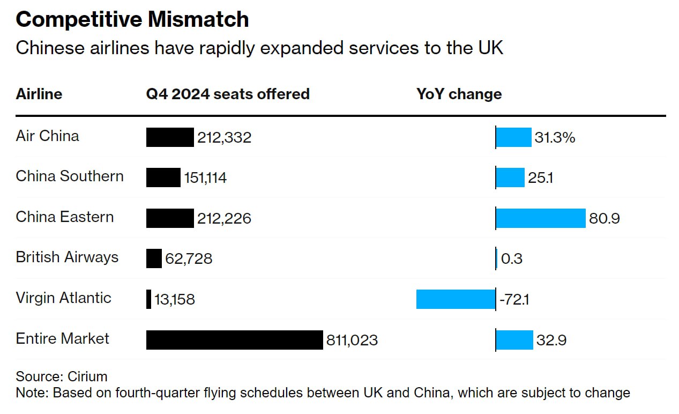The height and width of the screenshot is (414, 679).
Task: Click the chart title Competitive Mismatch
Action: tap(132, 20)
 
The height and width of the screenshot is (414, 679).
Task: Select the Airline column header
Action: tap(39, 94)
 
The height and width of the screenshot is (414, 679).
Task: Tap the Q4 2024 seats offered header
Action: tap(228, 94)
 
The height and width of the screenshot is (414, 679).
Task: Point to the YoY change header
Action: tap(459, 94)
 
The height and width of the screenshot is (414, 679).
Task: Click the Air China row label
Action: tap(47, 136)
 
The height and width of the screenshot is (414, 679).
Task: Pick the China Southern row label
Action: tap(70, 176)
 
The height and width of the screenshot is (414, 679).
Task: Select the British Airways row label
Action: tap(67, 257)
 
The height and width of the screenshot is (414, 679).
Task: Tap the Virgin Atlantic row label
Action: tap(63, 298)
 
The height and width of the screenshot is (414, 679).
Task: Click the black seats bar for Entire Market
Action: tap(234, 340)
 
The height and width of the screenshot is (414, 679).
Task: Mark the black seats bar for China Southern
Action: tap(163, 178)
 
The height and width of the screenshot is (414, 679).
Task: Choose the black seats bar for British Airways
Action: tap(154, 258)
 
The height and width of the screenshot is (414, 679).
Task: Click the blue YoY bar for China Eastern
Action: tap(540, 218)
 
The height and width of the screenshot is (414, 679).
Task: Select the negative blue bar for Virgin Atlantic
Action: tap(456, 299)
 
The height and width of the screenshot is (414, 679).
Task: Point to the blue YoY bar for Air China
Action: tap(513, 137)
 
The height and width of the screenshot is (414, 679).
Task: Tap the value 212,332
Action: tap(224, 138)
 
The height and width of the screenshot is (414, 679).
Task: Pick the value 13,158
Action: tap(175, 300)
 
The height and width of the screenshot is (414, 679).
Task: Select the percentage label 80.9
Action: tap(605, 219)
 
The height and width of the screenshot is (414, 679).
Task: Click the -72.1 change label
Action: tap(514, 300)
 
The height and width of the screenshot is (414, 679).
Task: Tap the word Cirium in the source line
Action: tap(87, 376)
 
